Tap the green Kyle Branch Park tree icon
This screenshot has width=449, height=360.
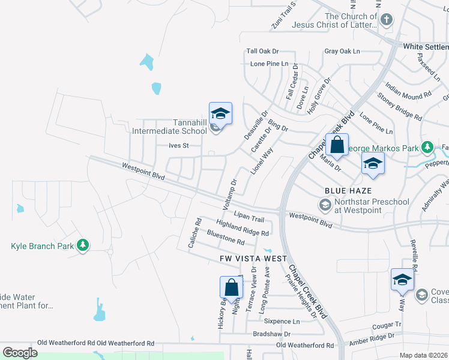pos(83,246)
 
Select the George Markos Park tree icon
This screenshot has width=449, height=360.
pos(427,147)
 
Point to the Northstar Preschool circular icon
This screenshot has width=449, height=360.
pos(325,206)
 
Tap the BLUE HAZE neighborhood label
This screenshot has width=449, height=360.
pos(345,190)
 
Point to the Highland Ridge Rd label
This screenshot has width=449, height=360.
pos(242,228)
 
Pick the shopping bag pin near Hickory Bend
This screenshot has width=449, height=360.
pos(231,289)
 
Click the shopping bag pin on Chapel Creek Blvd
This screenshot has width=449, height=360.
pos(337,145)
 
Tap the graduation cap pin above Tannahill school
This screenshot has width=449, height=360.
pos(220,113)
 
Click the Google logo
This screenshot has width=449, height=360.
pos(20,353)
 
